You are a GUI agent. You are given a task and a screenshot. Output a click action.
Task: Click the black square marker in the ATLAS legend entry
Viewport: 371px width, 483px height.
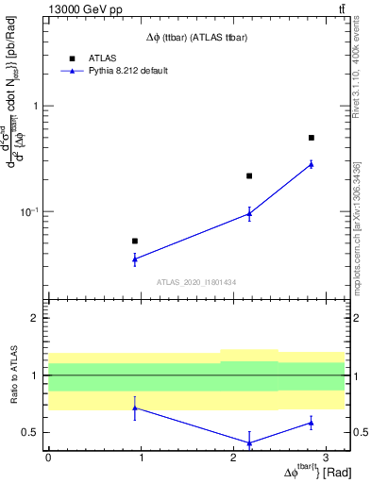(x=71, y=58)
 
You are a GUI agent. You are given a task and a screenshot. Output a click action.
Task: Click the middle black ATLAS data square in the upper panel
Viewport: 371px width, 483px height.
(x=249, y=175)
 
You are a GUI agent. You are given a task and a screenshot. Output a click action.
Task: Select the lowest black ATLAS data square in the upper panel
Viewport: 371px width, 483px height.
(x=135, y=241)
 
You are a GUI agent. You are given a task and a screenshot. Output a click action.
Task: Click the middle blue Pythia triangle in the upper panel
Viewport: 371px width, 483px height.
(x=249, y=213)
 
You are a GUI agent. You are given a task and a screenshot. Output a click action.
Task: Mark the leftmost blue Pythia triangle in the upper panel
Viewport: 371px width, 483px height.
(x=135, y=258)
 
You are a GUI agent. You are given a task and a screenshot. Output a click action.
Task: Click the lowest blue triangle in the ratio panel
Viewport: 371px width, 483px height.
(x=249, y=442)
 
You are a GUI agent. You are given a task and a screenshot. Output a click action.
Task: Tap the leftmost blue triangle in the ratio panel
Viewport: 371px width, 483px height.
(x=135, y=408)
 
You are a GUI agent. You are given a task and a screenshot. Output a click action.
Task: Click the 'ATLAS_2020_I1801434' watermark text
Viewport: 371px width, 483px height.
(x=196, y=282)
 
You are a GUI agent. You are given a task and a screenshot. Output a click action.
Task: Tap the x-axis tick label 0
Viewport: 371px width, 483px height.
(x=48, y=457)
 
